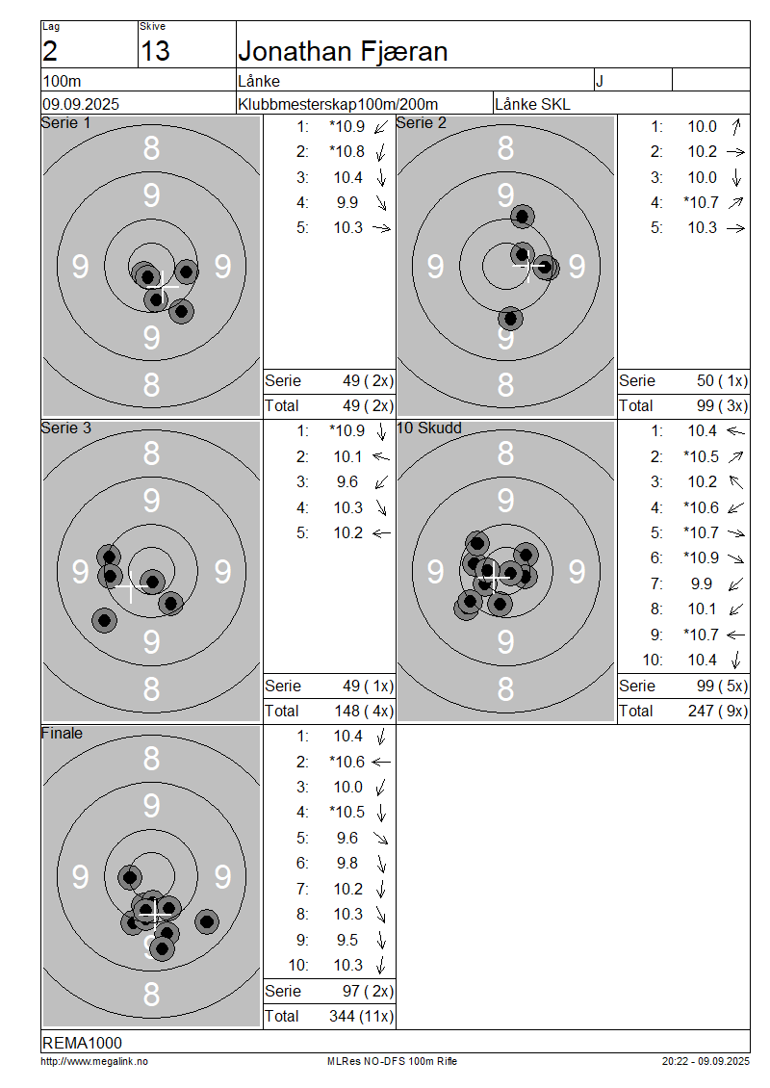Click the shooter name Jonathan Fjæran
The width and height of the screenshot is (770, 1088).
click(343, 52)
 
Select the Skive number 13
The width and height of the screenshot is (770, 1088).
click(155, 51)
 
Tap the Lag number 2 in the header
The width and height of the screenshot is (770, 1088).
click(50, 51)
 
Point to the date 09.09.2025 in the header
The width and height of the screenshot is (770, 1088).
click(81, 104)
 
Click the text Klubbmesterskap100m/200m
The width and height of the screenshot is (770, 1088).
click(338, 104)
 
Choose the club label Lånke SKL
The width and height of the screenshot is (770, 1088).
click(532, 104)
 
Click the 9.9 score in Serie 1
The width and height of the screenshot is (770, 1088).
click(347, 202)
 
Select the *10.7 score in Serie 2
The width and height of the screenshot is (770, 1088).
click(701, 202)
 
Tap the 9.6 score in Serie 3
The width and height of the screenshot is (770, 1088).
click(347, 482)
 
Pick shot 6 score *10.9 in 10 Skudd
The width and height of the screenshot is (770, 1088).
click(701, 557)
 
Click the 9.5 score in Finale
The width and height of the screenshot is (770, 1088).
click(347, 940)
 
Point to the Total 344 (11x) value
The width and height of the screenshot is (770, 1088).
click(361, 1017)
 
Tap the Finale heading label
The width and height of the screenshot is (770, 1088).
click(62, 734)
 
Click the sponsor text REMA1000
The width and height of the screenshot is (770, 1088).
click(82, 1043)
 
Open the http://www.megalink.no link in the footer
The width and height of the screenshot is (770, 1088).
click(94, 1062)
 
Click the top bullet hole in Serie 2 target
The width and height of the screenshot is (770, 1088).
click(523, 217)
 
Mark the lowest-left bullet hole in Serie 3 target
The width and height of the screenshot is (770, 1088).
click(104, 620)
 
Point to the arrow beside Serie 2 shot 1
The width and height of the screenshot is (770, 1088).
click(736, 127)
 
